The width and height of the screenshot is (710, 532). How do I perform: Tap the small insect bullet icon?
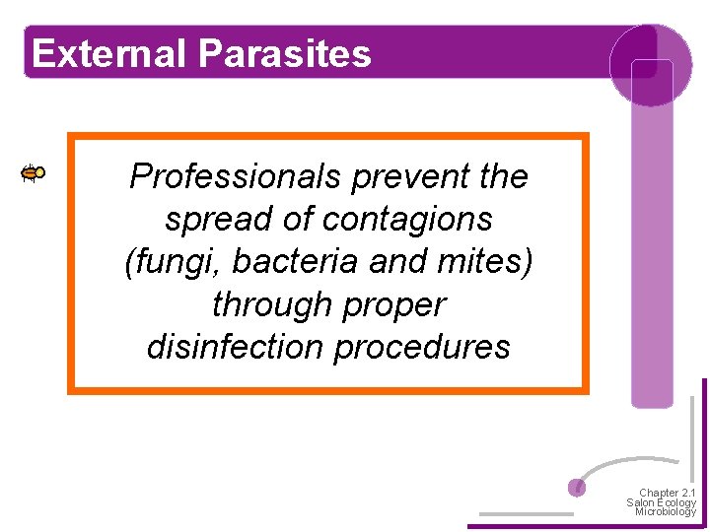[34, 173]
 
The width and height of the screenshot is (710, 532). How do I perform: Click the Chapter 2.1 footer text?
[667, 493]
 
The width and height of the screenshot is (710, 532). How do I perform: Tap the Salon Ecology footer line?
[661, 502]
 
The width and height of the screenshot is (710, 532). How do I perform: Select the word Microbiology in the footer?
[665, 512]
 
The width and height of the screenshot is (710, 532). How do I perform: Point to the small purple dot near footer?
[578, 487]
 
